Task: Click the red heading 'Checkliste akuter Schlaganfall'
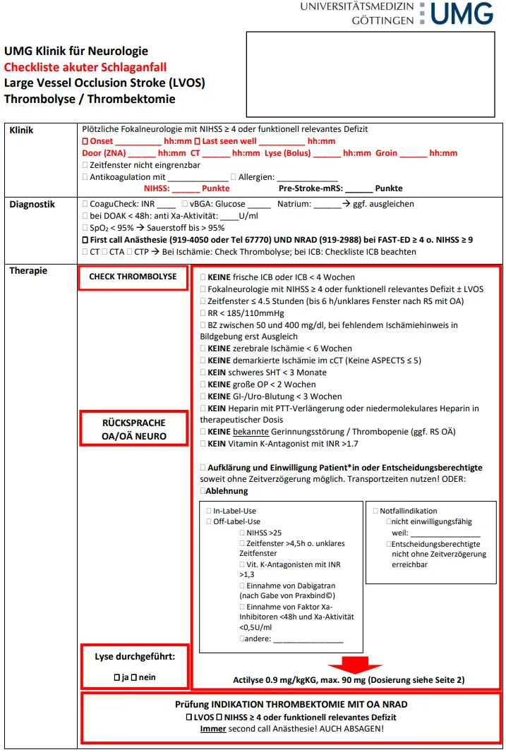(x=85, y=67)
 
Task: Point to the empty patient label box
(x=370, y=73)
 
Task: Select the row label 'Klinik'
(x=21, y=130)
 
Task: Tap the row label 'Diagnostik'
(x=32, y=205)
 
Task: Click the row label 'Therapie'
(x=28, y=270)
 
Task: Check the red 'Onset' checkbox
(x=85, y=141)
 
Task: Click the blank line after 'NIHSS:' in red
(x=186, y=188)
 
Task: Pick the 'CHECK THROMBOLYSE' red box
(x=133, y=277)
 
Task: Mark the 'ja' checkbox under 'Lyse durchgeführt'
(x=117, y=677)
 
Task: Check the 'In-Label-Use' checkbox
(x=209, y=511)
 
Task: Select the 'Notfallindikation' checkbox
(x=375, y=511)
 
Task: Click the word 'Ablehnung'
(x=227, y=491)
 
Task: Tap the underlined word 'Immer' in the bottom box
(x=213, y=729)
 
